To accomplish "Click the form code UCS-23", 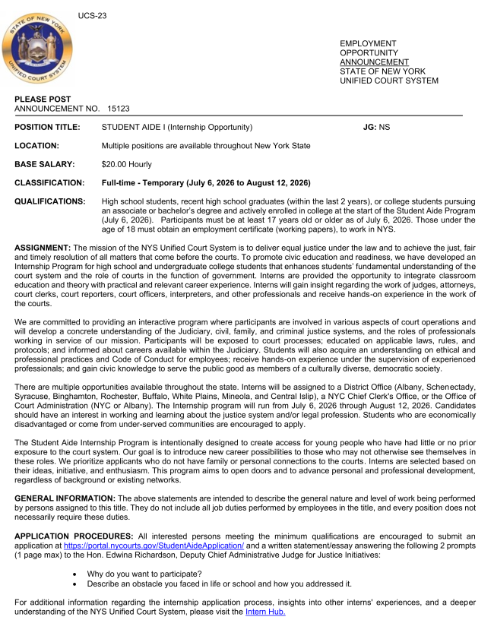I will coord(92,16).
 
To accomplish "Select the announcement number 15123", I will coord(119,109).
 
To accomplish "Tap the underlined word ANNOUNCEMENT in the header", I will coord(374,62).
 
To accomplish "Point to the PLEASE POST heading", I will coord(43,100).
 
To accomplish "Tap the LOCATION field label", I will coord(37,145).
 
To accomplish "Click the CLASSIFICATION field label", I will coord(50,182).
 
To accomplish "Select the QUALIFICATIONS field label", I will coord(49,201).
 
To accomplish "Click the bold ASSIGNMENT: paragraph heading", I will coord(43,248).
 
